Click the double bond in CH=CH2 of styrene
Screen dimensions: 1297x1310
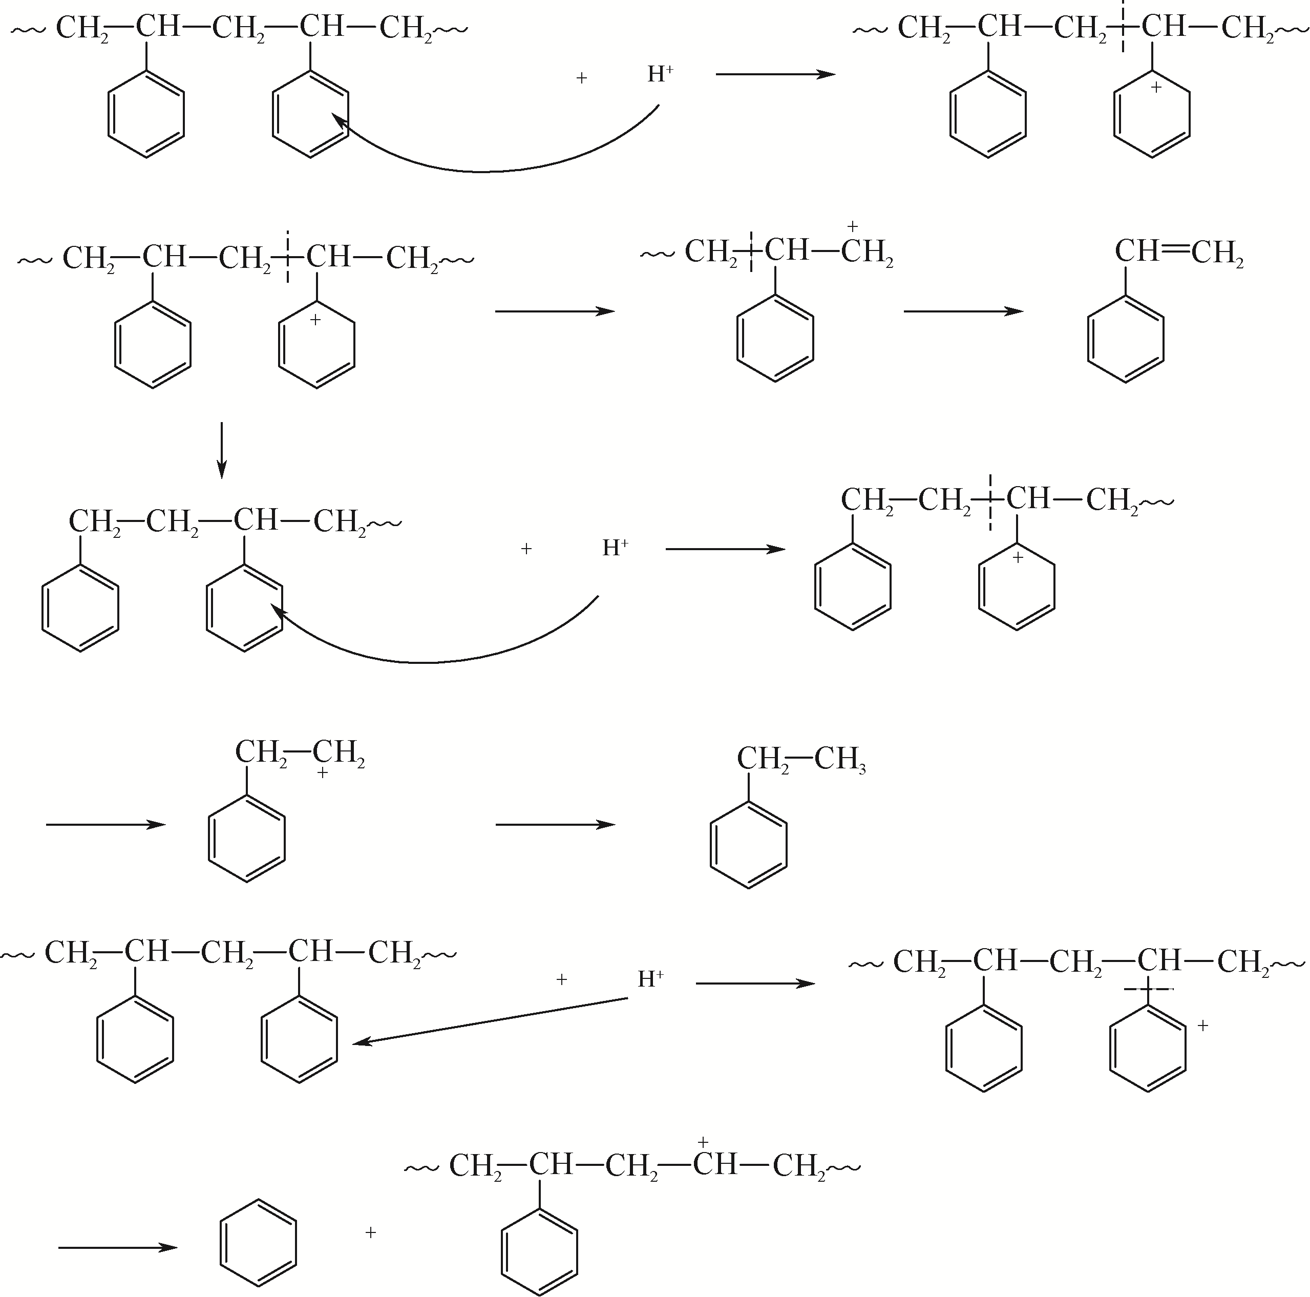[1175, 252]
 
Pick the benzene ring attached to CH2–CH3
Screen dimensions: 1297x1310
[749, 845]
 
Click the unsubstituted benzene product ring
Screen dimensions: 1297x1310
[258, 1242]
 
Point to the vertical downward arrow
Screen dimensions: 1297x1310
[221, 450]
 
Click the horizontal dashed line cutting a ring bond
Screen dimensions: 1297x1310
[1148, 990]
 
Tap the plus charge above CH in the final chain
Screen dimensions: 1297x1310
[703, 1142]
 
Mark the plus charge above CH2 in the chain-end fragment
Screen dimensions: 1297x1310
[853, 226]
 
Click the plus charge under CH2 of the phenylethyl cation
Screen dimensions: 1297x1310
[323, 772]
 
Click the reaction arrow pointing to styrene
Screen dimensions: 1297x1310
[963, 311]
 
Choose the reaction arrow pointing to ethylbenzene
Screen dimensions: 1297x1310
[555, 824]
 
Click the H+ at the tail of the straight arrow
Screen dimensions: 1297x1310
[650, 979]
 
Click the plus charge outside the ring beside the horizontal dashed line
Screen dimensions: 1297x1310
[1203, 1026]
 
